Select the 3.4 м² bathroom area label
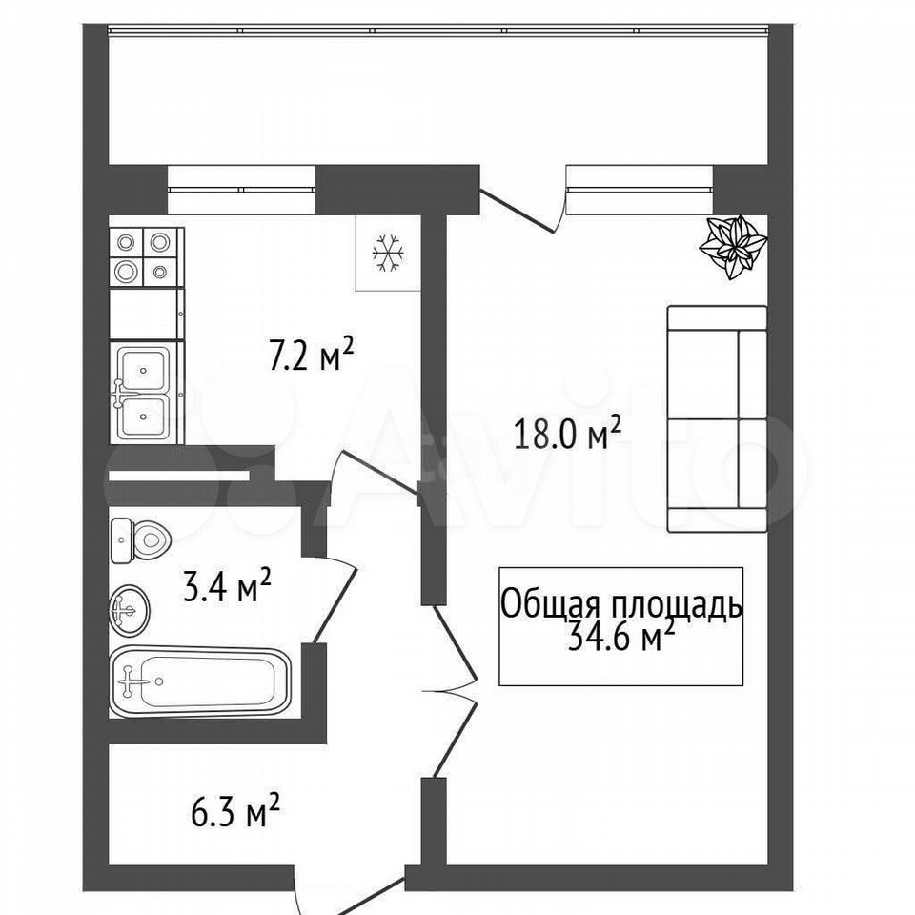click(x=227, y=585)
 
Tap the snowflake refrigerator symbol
click(x=388, y=254)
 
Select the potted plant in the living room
click(x=733, y=246)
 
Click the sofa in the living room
click(x=717, y=419)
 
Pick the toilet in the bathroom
click(x=140, y=540)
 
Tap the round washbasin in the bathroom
click(x=130, y=610)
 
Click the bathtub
click(x=199, y=681)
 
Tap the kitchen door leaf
click(x=379, y=472)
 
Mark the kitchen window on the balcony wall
click(x=241, y=190)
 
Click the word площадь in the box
click(x=677, y=606)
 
